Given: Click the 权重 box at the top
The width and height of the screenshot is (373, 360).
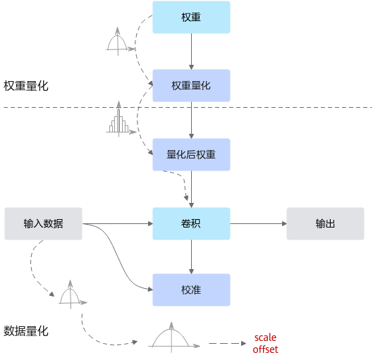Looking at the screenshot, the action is point(191,17).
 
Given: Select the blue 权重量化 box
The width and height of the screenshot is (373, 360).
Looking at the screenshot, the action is point(191,85).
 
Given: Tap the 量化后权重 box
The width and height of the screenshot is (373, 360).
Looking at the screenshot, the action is point(191,154).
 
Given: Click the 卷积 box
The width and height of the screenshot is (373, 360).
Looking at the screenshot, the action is point(191,223).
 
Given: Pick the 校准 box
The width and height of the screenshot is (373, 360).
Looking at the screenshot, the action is point(191,290).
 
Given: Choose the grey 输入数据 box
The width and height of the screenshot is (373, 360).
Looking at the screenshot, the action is point(43,223).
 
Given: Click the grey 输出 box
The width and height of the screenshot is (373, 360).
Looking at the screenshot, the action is point(325,223).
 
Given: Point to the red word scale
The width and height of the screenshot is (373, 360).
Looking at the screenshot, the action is point(265,337).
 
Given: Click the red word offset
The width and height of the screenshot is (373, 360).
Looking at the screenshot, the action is point(265,349).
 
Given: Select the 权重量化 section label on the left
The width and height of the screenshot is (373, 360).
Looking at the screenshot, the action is point(26,86).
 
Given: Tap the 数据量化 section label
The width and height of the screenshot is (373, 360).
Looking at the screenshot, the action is point(26,331).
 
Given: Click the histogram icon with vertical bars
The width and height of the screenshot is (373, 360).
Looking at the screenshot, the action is point(121,119).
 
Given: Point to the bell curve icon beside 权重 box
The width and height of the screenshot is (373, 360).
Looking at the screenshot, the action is point(120,42).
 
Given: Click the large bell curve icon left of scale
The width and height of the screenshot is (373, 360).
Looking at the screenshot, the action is point(173,337).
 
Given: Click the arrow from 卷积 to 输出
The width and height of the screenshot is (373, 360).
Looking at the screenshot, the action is point(258,223).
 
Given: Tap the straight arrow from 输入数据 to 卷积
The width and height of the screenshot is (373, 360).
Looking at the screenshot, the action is point(118,223).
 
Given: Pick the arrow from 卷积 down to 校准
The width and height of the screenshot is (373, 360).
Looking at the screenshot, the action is point(191,256).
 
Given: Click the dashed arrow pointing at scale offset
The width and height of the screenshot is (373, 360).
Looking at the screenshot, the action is point(228,343).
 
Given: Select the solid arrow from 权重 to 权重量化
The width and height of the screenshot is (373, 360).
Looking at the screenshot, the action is point(191,51).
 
